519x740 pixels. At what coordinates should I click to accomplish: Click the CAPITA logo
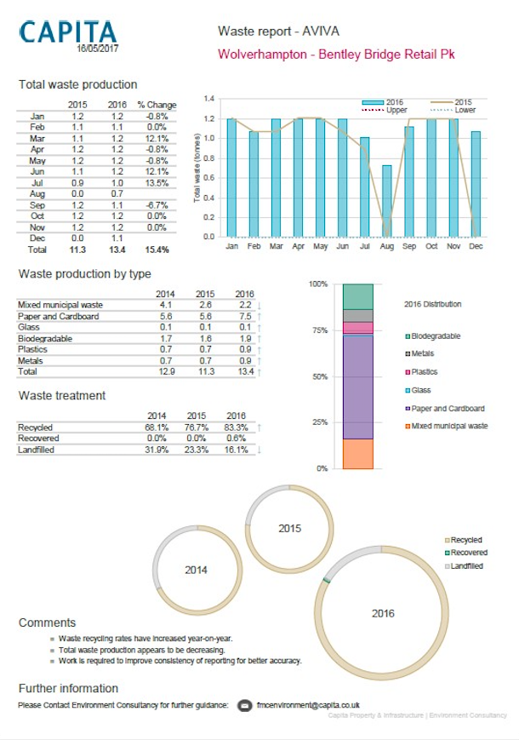click(x=68, y=32)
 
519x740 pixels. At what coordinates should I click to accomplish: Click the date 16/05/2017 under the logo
click(x=98, y=49)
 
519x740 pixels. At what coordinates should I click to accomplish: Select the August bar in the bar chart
click(x=386, y=201)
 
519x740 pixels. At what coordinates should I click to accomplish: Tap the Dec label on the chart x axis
click(x=476, y=246)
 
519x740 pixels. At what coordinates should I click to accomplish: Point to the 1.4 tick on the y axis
click(x=209, y=99)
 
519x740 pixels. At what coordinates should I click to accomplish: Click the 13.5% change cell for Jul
click(x=157, y=183)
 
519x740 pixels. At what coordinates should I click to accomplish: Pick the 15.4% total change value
click(x=157, y=250)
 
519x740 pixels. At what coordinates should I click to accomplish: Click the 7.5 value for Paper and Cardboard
click(x=245, y=316)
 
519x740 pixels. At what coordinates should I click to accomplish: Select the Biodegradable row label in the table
click(x=45, y=338)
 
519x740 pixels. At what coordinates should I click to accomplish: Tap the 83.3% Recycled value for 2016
click(x=237, y=427)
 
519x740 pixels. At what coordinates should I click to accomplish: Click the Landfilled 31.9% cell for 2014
click(x=157, y=450)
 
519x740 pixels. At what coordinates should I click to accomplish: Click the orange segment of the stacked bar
click(x=358, y=454)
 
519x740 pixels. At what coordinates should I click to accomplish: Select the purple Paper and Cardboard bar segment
click(x=358, y=387)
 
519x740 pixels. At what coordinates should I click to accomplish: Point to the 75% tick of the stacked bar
click(x=321, y=330)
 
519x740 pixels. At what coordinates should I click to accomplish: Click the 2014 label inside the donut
click(x=196, y=570)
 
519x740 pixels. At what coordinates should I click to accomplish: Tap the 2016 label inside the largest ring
click(x=383, y=613)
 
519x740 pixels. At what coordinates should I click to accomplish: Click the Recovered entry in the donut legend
click(x=465, y=553)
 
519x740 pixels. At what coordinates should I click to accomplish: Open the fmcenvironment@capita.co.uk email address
click(x=308, y=705)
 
